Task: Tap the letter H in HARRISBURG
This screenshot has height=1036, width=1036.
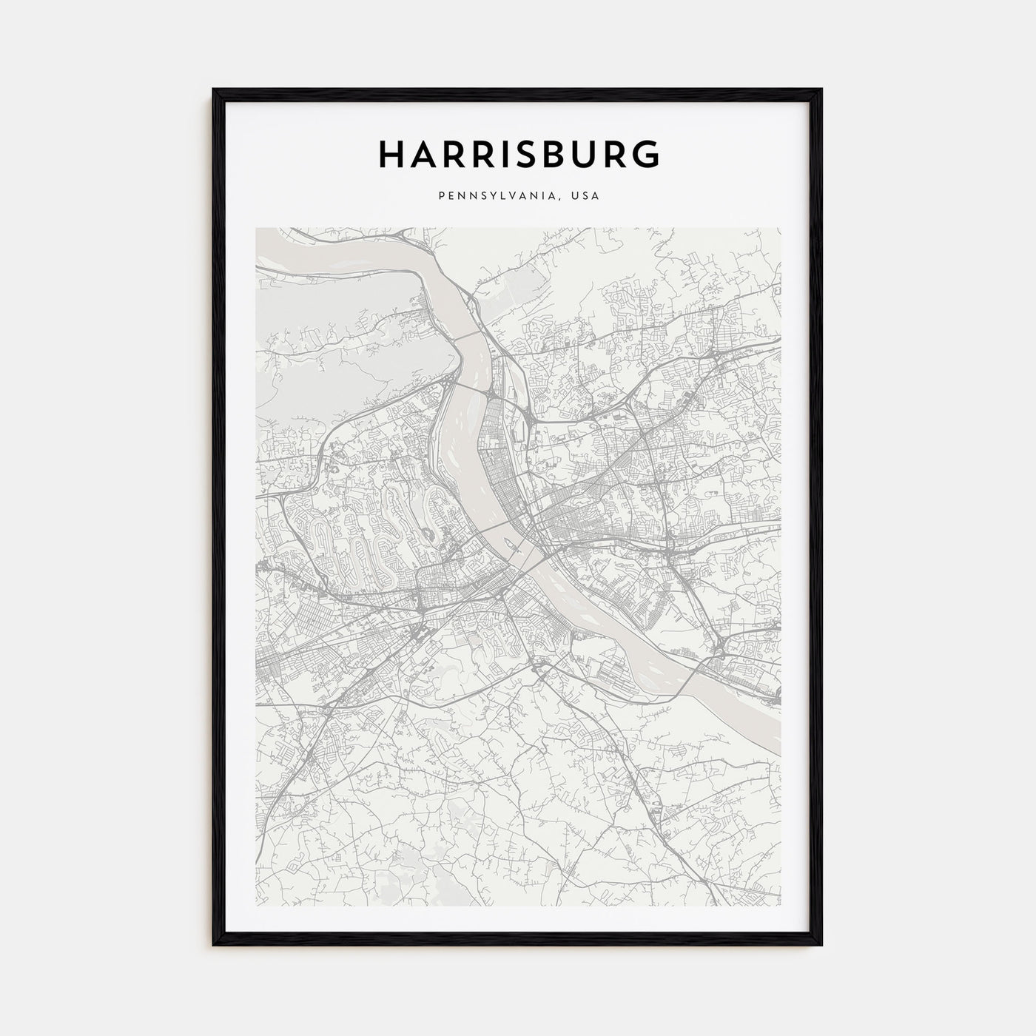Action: [391, 154]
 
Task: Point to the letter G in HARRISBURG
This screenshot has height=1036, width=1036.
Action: [646, 154]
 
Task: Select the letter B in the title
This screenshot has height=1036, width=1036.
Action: [570, 154]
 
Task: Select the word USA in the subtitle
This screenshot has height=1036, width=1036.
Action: [585, 196]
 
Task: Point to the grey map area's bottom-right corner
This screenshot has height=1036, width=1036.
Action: [780, 905]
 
